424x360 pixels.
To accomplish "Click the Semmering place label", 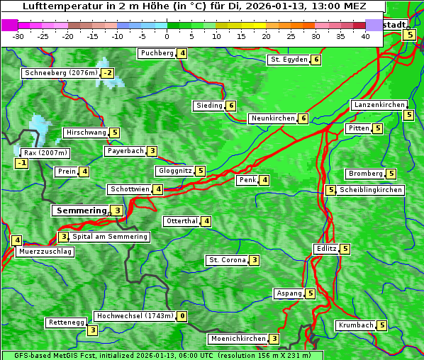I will [81, 210].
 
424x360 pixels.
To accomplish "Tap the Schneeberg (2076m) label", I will [60, 73].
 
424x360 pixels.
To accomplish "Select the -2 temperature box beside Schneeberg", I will [107, 73].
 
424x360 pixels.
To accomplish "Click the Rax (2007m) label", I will [45, 152].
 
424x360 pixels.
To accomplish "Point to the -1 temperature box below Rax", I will [22, 164].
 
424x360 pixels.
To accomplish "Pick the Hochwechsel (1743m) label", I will [135, 316].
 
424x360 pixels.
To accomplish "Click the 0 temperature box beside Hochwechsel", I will [182, 316].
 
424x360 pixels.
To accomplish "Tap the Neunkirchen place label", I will [273, 118].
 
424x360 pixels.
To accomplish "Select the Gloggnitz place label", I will [174, 171].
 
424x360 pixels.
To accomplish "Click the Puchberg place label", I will [157, 53].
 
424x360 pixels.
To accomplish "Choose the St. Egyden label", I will [289, 60].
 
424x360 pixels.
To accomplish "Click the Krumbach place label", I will [356, 325].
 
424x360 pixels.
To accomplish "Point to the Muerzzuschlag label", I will [45, 252].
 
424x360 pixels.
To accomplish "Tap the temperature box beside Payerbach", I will [152, 151].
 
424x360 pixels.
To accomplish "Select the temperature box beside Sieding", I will [231, 106].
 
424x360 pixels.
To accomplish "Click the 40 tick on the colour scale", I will [365, 36].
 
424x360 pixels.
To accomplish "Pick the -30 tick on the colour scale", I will [18, 36].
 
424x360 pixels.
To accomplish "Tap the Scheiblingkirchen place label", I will [371, 190].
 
